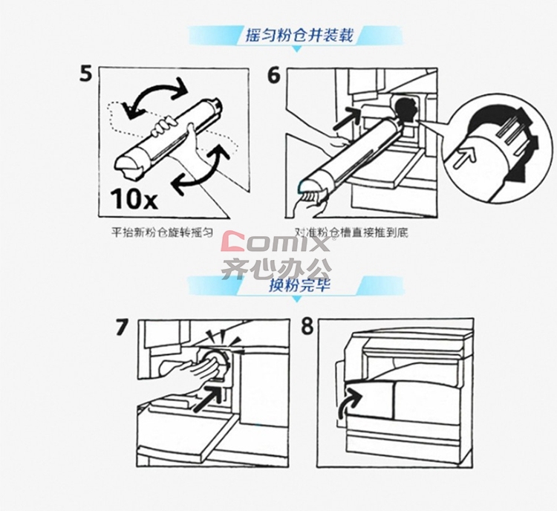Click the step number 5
coord(85,74)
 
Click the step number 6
coord(274,75)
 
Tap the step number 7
coord(122,328)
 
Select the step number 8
coord(307,326)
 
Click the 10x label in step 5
coord(134,198)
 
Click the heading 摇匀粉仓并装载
coord(299,35)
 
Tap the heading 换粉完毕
coord(299,284)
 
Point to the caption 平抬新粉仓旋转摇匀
coord(163,232)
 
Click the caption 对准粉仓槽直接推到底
coord(351,232)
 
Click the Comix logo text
coord(276,242)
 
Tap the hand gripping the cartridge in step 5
coord(164,127)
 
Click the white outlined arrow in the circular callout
coord(466,157)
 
